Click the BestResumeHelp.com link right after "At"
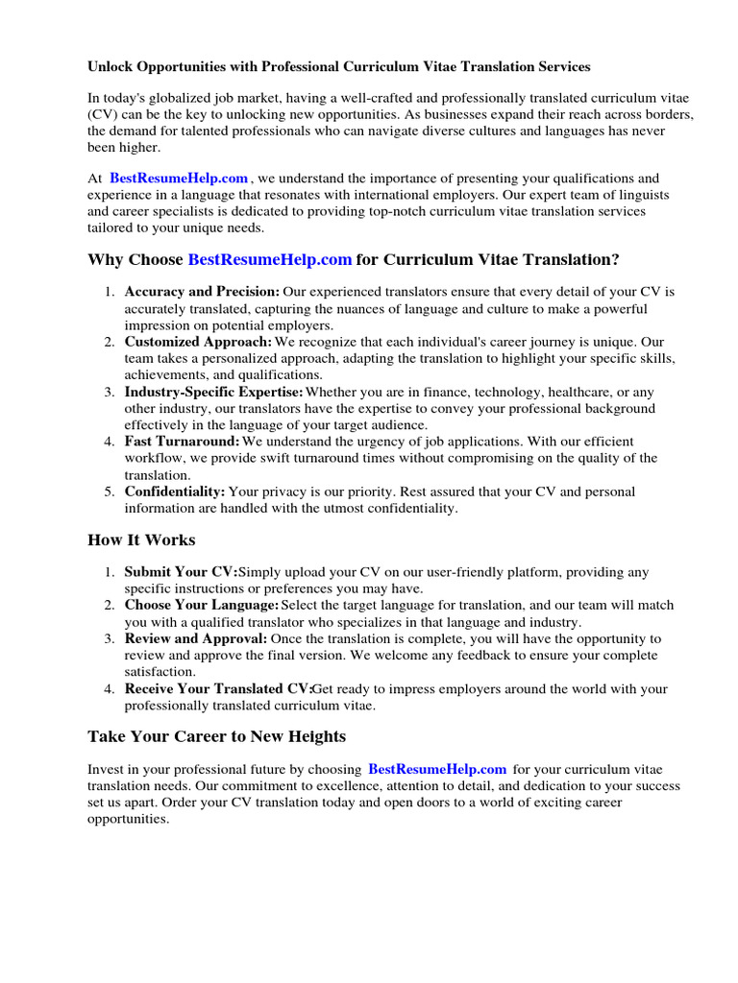click(x=179, y=179)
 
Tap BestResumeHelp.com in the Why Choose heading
click(x=270, y=260)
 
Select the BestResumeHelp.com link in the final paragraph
click(x=437, y=770)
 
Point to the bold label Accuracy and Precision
click(x=202, y=292)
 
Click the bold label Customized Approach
click(x=198, y=342)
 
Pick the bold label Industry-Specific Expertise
click(x=213, y=392)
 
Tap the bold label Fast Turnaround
click(x=182, y=442)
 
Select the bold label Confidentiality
click(x=175, y=491)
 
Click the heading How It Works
click(x=141, y=540)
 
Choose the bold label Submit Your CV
click(x=180, y=572)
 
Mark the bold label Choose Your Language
click(x=201, y=605)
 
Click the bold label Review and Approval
click(x=196, y=638)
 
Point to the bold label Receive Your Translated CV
click(x=218, y=688)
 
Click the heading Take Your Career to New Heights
click(x=216, y=737)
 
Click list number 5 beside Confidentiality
click(x=111, y=491)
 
